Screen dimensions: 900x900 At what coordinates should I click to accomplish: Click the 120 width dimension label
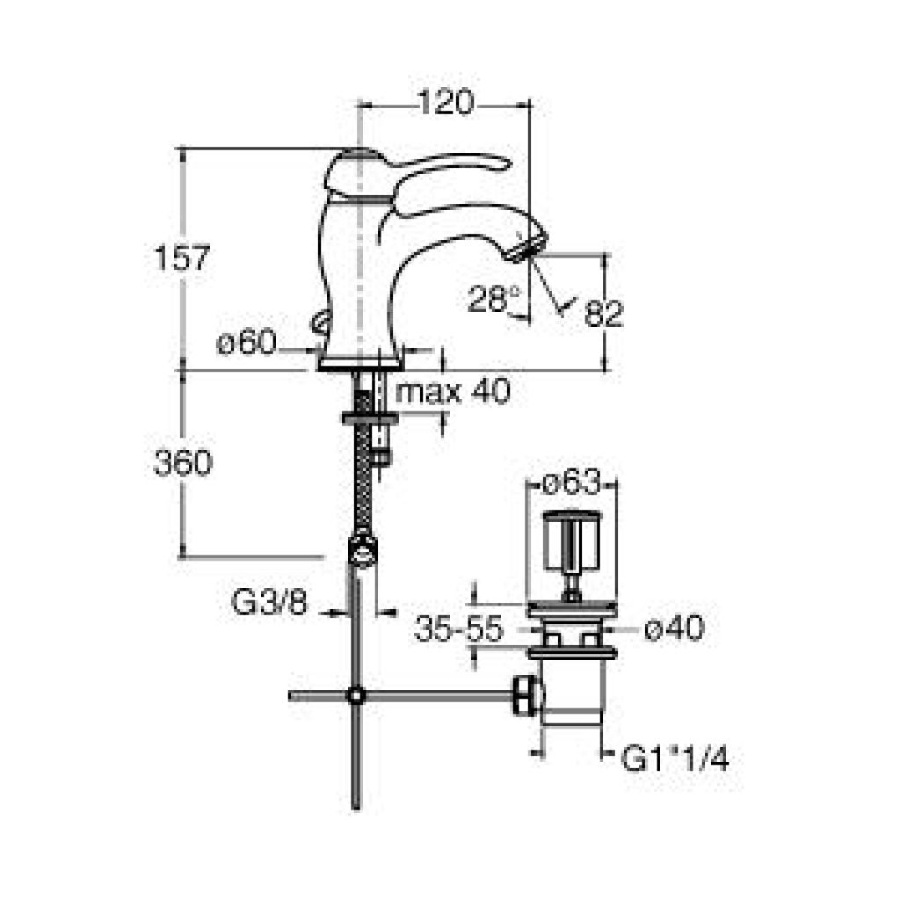446,104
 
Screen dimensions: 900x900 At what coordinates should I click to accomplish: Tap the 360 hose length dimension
183,462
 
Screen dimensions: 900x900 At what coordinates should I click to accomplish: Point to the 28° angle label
494,299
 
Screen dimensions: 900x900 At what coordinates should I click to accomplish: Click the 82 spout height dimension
603,314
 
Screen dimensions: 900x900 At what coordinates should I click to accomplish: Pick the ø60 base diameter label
247,344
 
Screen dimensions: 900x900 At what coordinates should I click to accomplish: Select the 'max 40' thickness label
454,392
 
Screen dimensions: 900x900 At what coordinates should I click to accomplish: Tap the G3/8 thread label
270,603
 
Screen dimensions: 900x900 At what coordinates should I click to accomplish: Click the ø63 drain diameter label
571,483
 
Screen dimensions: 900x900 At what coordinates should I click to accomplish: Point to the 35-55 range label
459,628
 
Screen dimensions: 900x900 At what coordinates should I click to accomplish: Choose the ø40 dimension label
674,628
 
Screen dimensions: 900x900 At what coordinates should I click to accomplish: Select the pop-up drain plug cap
572,540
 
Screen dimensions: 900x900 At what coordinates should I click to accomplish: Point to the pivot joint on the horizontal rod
356,695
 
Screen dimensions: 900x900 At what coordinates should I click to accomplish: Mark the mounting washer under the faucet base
369,417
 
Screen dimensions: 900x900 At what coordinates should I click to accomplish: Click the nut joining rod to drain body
527,696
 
